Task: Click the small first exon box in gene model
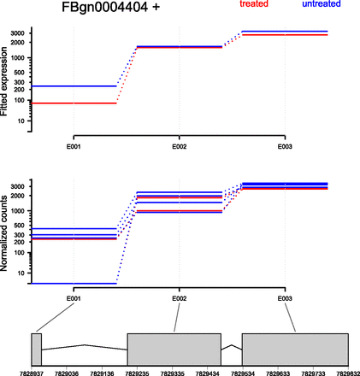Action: click(x=37, y=350)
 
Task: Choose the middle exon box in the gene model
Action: click(x=174, y=350)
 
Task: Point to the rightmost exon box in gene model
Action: click(x=295, y=350)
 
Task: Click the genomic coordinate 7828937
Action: click(x=32, y=373)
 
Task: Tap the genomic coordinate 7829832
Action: click(x=346, y=373)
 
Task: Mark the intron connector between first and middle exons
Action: click(x=84, y=346)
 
